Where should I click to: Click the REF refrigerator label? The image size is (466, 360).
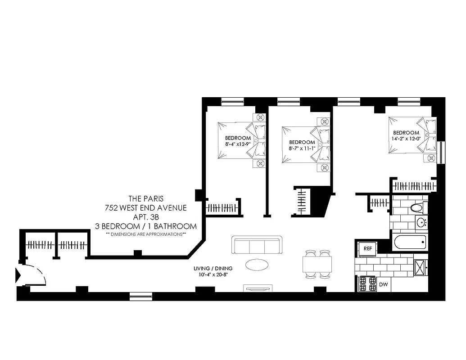point(368,248)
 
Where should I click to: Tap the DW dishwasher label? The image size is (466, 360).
point(384,284)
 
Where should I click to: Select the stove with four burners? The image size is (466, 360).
point(366,284)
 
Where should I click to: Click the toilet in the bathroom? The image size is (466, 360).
point(418,208)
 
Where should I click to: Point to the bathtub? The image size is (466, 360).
point(410,243)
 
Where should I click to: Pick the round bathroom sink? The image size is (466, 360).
point(422,222)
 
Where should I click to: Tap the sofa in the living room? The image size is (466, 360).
point(256,246)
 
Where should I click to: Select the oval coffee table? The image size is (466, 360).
point(258,264)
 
